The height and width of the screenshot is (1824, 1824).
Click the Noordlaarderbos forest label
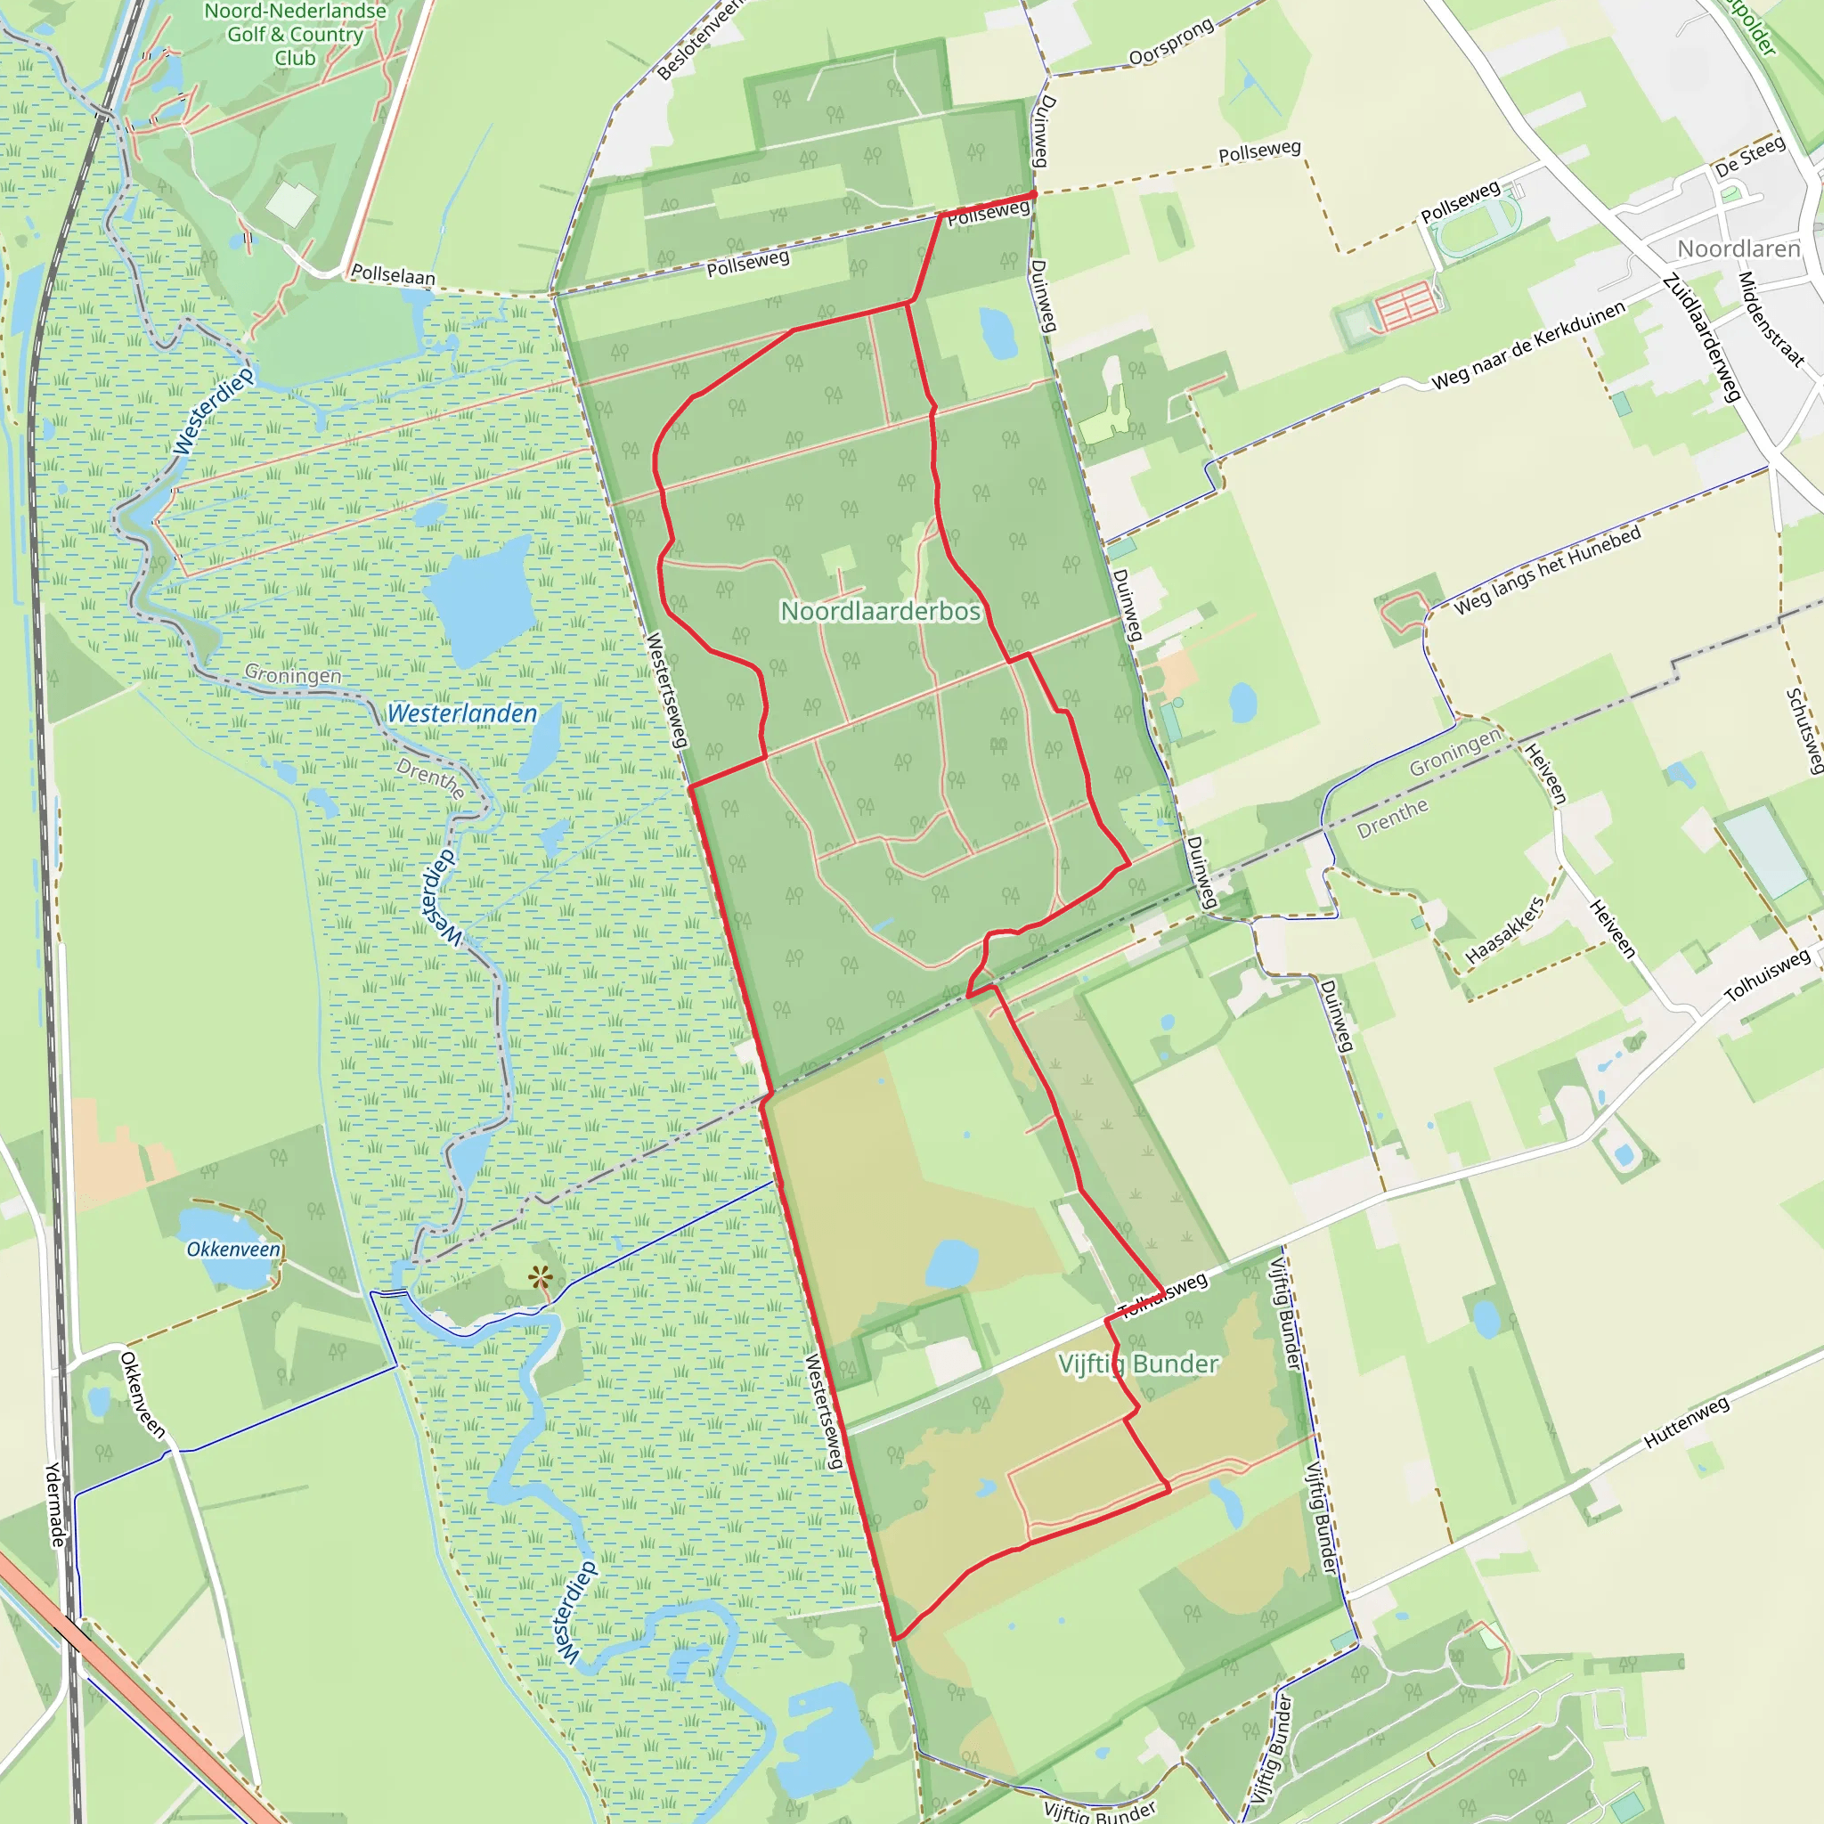click(880, 612)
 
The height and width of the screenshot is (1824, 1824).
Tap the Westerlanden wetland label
click(461, 713)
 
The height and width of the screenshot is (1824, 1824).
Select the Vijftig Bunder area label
click(1137, 1364)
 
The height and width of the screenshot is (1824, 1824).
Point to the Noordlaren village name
click(1738, 249)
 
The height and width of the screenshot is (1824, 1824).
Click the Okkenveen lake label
click(233, 1249)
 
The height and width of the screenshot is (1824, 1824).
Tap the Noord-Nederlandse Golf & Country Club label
click(296, 35)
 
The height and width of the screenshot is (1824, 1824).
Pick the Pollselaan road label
click(393, 274)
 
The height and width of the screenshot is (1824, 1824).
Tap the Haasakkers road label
click(1505, 931)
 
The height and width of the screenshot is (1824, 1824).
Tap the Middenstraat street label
click(1771, 319)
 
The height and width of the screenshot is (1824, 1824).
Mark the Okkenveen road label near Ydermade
click(142, 1396)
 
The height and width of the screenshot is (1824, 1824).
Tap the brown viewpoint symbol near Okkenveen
click(541, 1279)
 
